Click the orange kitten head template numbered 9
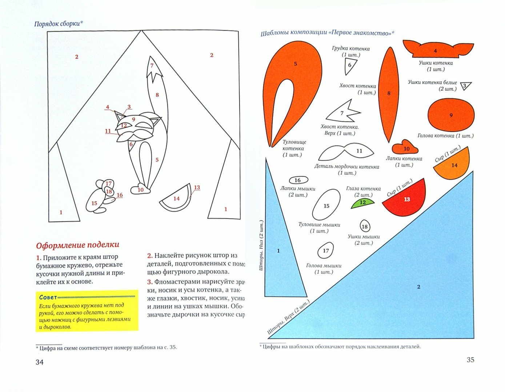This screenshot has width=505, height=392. pos(451,115)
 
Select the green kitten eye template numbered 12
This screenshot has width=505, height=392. pos(362,203)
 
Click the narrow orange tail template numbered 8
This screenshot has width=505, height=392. pos(389,94)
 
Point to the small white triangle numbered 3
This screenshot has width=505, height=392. pos(465,86)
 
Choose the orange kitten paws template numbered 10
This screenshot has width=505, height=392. pos(405,148)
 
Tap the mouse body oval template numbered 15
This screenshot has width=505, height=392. pos(326,205)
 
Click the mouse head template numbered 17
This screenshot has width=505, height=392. pos(326,251)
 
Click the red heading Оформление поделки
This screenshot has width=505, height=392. pos(77,245)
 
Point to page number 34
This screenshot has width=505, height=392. pos(39,362)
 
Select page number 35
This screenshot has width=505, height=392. pos(470,360)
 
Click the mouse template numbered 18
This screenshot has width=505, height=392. pos(365,226)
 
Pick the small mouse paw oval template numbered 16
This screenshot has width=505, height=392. pos(298,180)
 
